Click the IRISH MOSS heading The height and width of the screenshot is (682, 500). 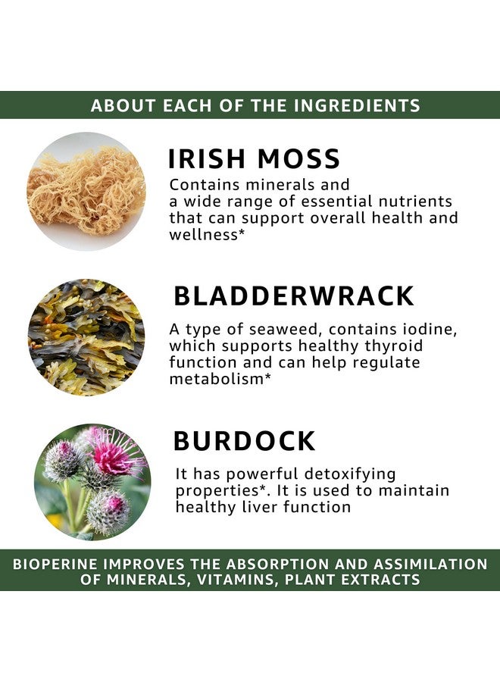tap(254, 159)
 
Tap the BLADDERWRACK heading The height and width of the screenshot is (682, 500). tap(294, 296)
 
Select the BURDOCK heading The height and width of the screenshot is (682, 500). tap(244, 441)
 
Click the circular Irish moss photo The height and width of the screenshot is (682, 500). tap(86, 191)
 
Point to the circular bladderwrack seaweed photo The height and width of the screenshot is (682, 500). tap(86, 336)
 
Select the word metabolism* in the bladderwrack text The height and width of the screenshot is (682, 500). tap(220, 378)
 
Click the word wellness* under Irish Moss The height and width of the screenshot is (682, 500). tap(204, 234)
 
